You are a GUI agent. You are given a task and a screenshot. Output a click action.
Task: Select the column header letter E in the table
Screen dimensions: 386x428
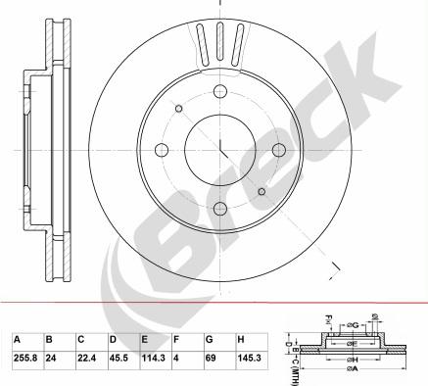click(144, 340)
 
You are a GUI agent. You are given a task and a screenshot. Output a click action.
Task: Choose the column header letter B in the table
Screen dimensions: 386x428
click(48, 340)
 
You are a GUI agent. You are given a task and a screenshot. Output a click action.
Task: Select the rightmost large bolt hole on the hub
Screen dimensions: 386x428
click(278, 149)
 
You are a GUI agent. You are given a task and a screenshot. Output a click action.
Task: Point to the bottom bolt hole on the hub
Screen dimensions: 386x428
click(218, 209)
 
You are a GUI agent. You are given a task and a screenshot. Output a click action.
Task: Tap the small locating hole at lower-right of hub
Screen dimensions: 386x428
click(261, 192)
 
